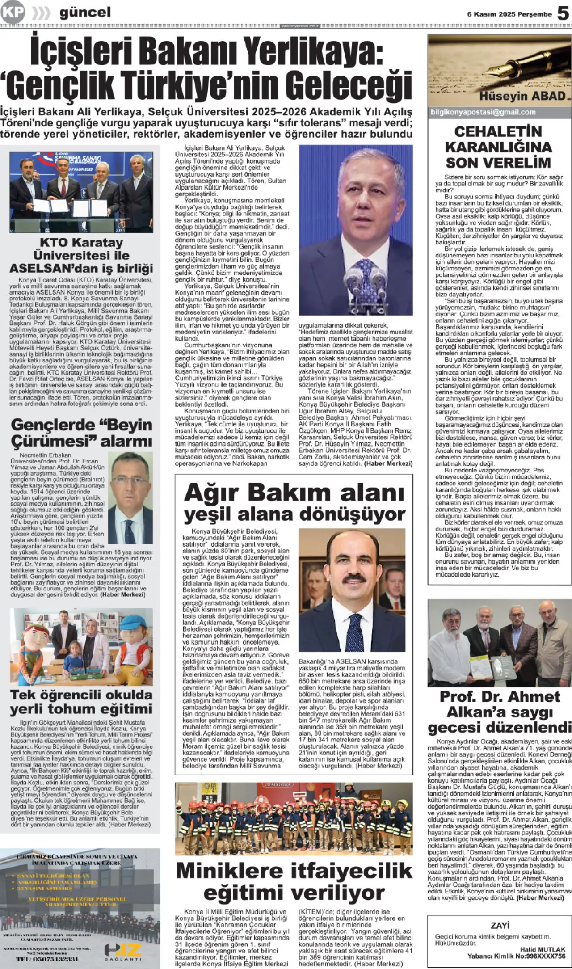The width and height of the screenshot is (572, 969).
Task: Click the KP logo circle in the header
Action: pos(12,13)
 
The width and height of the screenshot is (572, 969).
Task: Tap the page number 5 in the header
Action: pos(563,13)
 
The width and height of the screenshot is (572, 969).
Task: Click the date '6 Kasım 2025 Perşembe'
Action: pos(509,14)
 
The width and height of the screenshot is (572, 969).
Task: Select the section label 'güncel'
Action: pos(85,13)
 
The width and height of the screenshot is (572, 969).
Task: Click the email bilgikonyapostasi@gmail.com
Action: pos(483,112)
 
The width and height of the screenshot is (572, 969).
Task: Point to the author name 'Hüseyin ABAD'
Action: pos(522,96)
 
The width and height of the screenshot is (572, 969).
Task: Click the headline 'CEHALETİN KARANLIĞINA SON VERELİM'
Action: pos(498,147)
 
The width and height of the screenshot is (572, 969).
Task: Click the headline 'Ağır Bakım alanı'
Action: pos(294,493)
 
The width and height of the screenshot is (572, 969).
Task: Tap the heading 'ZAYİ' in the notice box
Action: pos(500,925)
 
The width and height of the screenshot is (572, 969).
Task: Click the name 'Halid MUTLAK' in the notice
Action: pos(543,949)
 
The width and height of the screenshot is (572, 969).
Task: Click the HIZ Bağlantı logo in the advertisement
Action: pos(123,951)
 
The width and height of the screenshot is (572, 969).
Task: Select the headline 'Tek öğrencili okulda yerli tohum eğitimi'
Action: pos(81,702)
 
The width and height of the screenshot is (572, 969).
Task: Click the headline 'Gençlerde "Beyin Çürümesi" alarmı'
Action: pos(81,433)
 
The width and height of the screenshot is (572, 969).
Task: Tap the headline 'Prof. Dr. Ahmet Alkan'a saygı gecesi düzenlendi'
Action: pos(500,712)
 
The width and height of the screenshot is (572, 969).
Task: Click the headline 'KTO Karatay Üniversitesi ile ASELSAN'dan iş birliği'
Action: pos(81,255)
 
